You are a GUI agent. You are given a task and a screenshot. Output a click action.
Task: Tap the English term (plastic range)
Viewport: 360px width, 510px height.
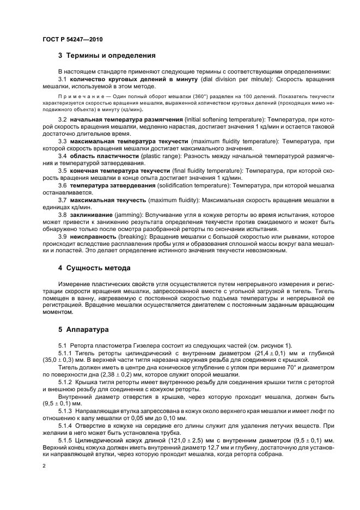[159, 156]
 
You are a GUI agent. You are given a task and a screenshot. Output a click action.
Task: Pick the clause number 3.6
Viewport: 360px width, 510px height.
[63, 185]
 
